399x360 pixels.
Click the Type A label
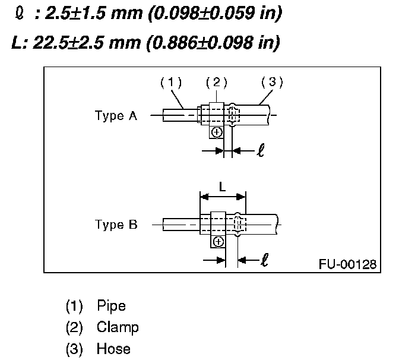[x=116, y=116]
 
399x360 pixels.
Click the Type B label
[x=116, y=225]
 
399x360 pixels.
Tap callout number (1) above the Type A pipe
[x=170, y=83]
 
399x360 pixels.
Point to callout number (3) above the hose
[x=271, y=83]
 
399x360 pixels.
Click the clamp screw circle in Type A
[x=216, y=132]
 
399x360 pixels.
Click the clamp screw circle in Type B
[x=218, y=241]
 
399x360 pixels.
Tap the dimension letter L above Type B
[x=222, y=187]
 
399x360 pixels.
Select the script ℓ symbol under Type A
[x=259, y=150]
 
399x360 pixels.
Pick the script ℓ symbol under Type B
[x=264, y=259]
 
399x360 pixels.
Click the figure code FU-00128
[x=346, y=263]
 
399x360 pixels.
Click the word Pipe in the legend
[x=112, y=307]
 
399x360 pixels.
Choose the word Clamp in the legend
[x=118, y=327]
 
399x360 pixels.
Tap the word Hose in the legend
[x=113, y=349]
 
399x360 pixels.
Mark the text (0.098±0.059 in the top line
[x=196, y=14]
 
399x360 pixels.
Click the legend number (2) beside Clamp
[x=74, y=327]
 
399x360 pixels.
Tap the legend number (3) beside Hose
[x=74, y=349]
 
